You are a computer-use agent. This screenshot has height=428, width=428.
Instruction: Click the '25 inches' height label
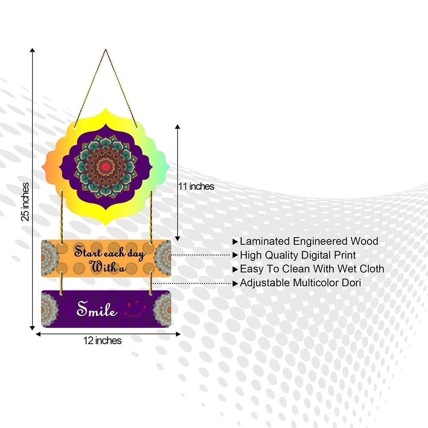(25, 202)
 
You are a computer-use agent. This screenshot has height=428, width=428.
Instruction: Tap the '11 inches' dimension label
(196, 187)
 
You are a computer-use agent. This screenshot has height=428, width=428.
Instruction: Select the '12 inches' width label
(102, 340)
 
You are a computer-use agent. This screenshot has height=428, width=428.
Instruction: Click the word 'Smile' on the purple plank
(97, 309)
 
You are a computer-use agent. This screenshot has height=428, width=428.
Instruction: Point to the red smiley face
(136, 309)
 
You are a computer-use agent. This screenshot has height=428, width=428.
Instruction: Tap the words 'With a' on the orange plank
(107, 267)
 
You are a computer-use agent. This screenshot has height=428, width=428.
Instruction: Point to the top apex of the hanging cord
(106, 50)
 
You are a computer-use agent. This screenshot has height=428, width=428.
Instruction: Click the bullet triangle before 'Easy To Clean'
(235, 270)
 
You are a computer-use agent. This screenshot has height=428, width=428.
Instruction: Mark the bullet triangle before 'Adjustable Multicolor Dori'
(235, 284)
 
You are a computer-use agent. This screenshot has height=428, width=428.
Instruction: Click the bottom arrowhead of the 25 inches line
(32, 328)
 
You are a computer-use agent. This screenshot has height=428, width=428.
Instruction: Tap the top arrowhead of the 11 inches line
(178, 127)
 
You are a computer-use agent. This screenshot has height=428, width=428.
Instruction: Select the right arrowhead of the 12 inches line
(178, 334)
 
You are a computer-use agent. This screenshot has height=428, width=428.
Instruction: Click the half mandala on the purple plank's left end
(49, 309)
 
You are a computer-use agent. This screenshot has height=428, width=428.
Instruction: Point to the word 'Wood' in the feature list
(364, 241)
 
